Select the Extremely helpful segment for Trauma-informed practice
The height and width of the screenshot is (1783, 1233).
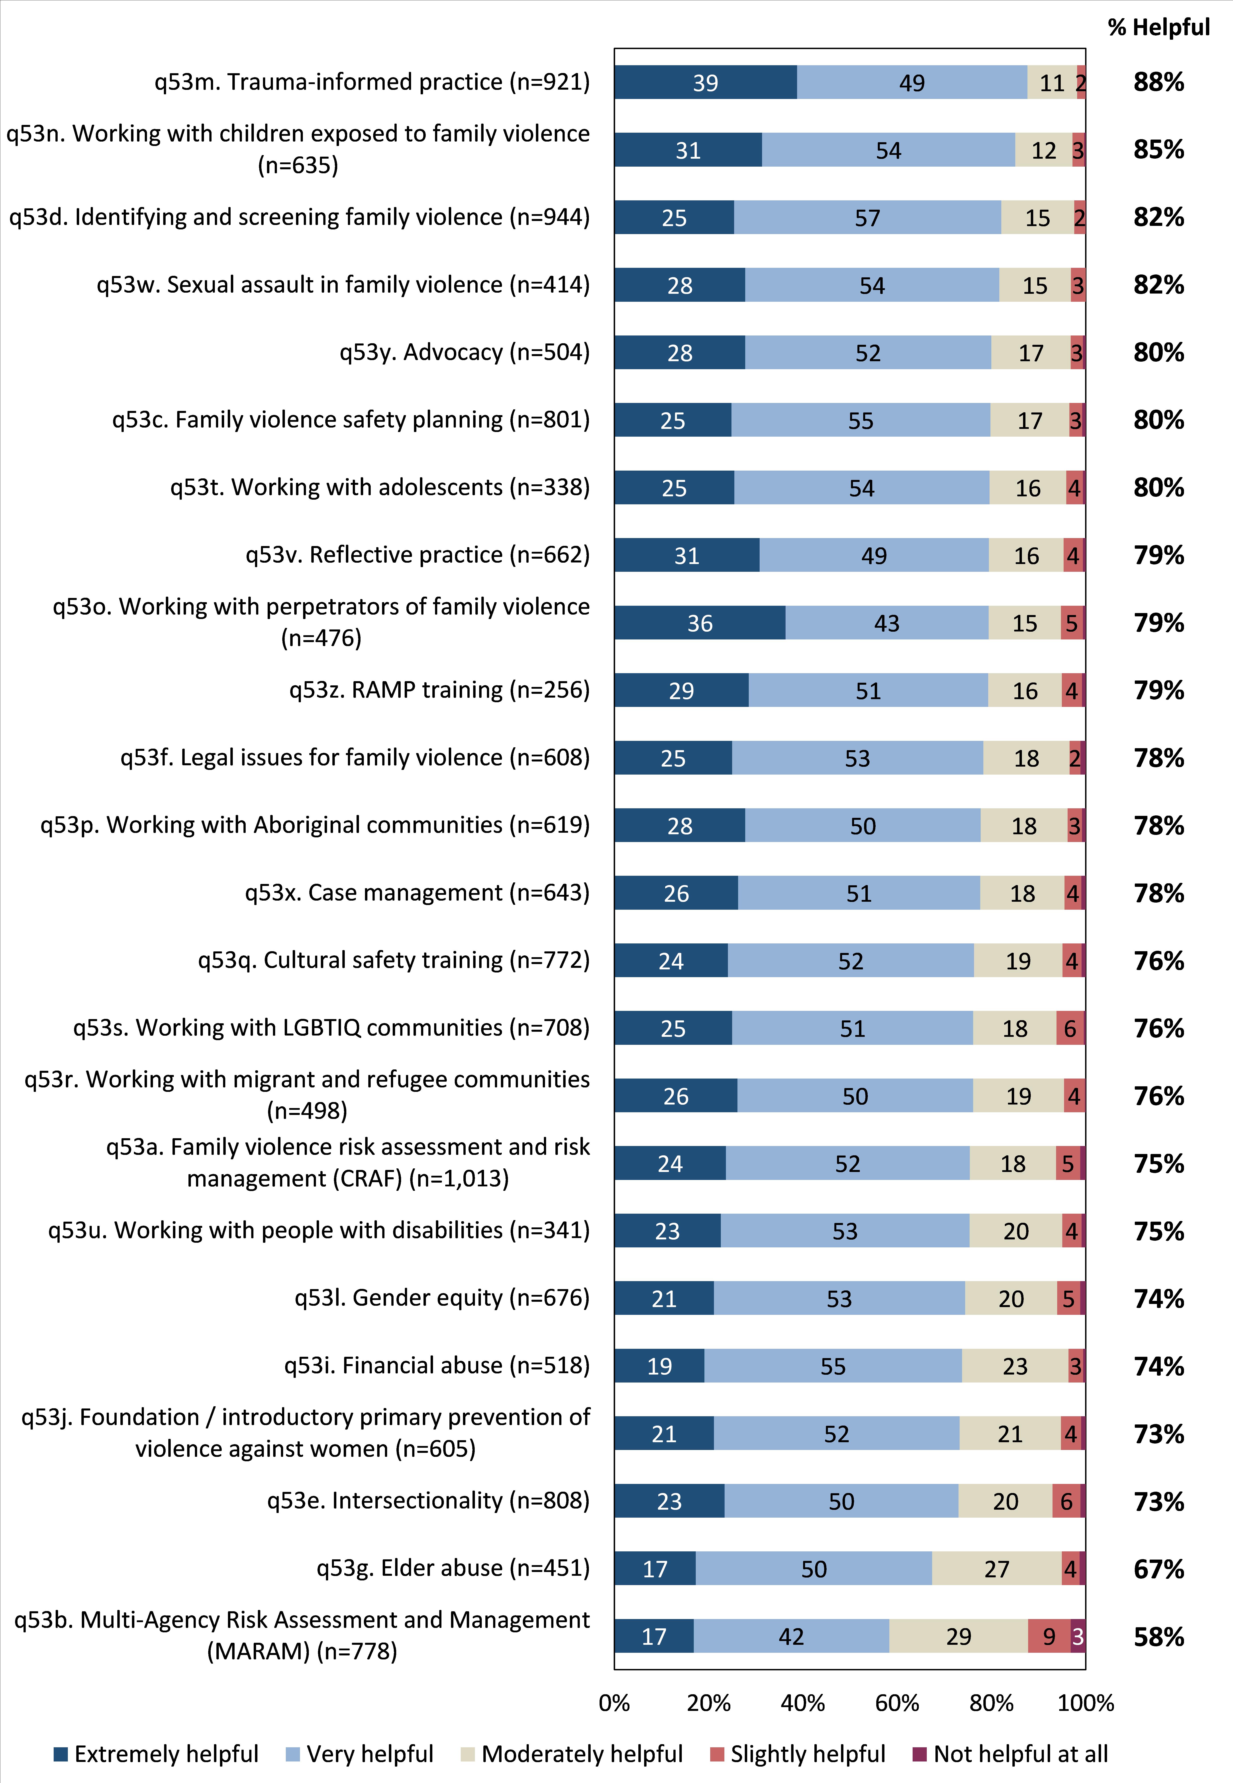point(705,82)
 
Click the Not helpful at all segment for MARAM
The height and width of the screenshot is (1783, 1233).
point(1078,1636)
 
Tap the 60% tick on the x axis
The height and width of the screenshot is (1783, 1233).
point(897,1703)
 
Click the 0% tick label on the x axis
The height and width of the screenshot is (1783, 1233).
point(614,1703)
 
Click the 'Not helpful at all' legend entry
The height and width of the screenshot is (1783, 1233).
point(1011,1754)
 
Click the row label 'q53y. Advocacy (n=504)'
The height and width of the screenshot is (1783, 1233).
point(464,352)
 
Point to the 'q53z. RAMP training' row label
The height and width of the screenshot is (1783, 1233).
point(439,689)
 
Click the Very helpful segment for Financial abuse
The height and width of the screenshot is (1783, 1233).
point(833,1366)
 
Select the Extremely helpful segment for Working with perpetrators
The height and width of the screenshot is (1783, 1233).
point(700,623)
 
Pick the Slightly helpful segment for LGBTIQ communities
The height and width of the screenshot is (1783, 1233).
point(1070,1028)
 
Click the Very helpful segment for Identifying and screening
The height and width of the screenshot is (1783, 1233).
point(867,217)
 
